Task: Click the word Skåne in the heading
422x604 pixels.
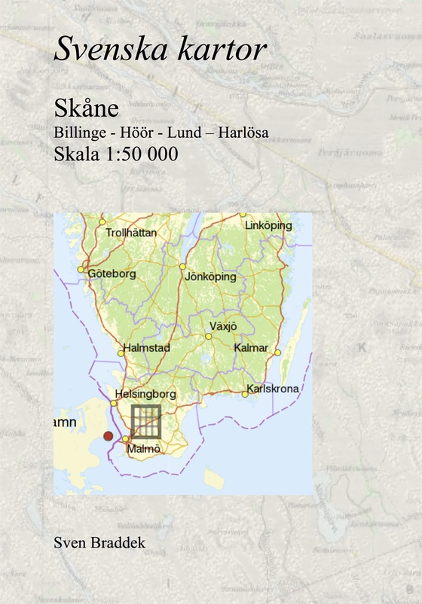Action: click(86, 108)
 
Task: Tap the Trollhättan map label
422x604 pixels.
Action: click(132, 233)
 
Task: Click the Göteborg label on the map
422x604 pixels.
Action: click(112, 273)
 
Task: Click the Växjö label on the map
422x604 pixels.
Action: click(222, 326)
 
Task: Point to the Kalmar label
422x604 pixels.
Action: click(251, 348)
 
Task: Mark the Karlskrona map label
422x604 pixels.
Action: click(273, 389)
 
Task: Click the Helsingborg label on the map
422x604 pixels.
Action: click(145, 394)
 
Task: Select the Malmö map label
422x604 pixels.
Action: click(144, 449)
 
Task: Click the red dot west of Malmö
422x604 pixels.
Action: click(109, 436)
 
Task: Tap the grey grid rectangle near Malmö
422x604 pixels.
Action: click(146, 421)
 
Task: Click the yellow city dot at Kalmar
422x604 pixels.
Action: click(277, 352)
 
